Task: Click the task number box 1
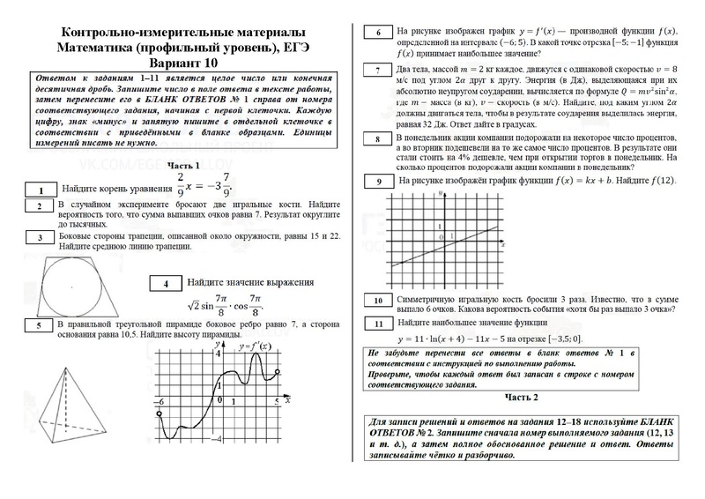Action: point(41,190)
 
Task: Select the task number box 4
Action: point(165,284)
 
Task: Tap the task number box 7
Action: point(377,71)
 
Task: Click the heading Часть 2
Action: point(521,397)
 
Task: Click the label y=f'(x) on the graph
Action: point(256,346)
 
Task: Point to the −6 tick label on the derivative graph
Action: point(160,401)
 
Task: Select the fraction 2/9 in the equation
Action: point(180,186)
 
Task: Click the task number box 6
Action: point(377,33)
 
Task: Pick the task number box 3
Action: point(41,237)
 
